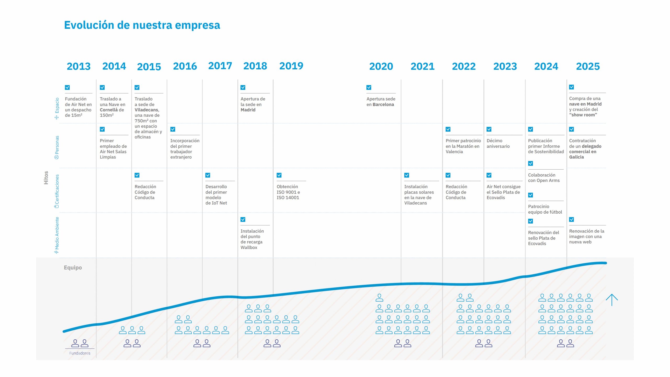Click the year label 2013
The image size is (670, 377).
pos(79,66)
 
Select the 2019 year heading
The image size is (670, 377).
pos(291,66)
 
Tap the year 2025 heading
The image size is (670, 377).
pos(588,66)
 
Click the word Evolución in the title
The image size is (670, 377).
pos(89,25)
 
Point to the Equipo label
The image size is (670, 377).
pos(73,268)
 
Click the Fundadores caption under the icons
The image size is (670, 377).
pos(80,353)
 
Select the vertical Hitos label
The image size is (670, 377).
pos(46,178)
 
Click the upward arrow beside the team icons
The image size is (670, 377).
pos(612,300)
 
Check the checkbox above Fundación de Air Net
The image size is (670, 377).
pos(67,87)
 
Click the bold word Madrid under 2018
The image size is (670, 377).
pos(248,110)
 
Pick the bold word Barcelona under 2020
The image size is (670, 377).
pos(383,104)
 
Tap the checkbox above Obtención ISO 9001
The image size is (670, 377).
pos(279,175)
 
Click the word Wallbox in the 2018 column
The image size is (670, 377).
pos(249,247)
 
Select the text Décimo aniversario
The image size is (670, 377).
pos(498,143)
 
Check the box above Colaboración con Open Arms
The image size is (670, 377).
pos(531,163)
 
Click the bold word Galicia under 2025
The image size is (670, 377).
pos(576,157)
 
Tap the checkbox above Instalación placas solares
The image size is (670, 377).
pos(406,175)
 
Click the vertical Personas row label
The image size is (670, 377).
pos(57,147)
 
